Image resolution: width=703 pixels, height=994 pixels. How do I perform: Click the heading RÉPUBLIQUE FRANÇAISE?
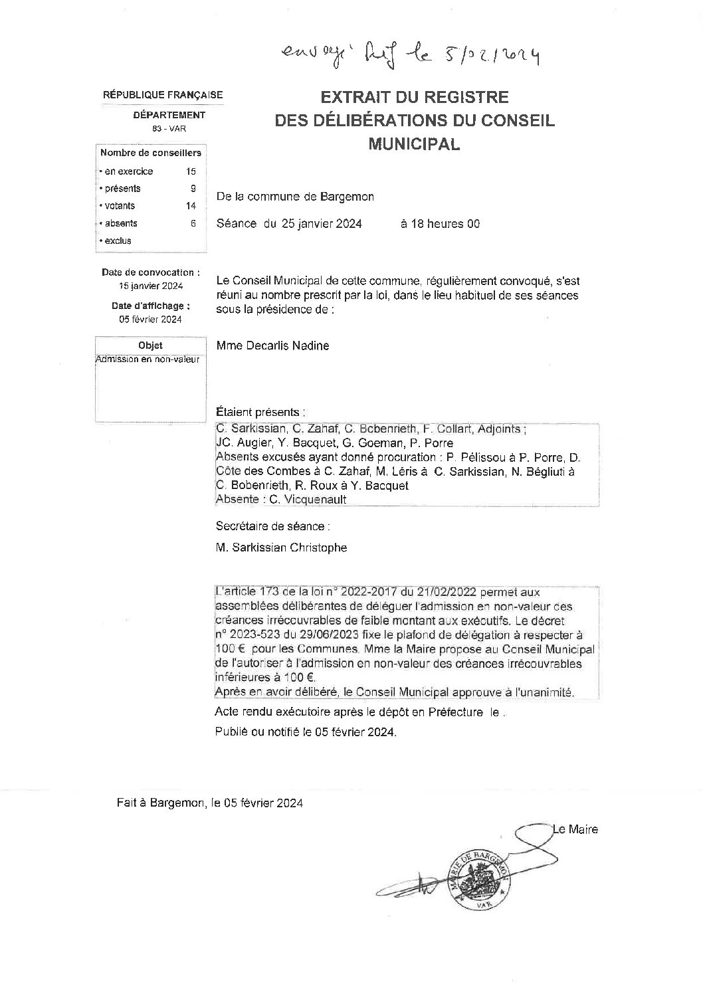(x=163, y=96)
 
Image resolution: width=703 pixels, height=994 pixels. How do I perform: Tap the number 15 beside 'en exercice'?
(x=191, y=171)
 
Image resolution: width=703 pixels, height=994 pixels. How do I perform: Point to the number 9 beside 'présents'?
(x=193, y=189)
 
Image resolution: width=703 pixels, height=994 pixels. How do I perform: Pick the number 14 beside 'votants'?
(x=191, y=206)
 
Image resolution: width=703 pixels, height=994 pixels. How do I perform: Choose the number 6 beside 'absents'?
(x=193, y=224)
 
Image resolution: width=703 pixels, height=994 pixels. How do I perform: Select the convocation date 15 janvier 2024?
(x=151, y=286)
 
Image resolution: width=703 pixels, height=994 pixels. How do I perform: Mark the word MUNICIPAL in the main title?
(x=414, y=144)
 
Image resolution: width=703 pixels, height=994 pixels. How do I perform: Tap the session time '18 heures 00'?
(x=439, y=225)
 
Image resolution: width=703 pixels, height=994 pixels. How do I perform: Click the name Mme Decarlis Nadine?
(x=272, y=346)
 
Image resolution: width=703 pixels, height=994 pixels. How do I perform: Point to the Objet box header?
(x=150, y=346)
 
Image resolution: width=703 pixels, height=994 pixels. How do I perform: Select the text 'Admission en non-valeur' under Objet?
(x=148, y=359)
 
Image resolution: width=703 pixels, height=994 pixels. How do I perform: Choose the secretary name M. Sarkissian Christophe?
(x=281, y=548)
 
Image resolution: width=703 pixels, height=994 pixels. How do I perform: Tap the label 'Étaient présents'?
(x=261, y=412)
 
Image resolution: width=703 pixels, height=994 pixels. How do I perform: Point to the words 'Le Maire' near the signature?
(x=575, y=829)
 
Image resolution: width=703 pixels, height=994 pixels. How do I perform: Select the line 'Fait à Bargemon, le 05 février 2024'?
(x=210, y=803)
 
